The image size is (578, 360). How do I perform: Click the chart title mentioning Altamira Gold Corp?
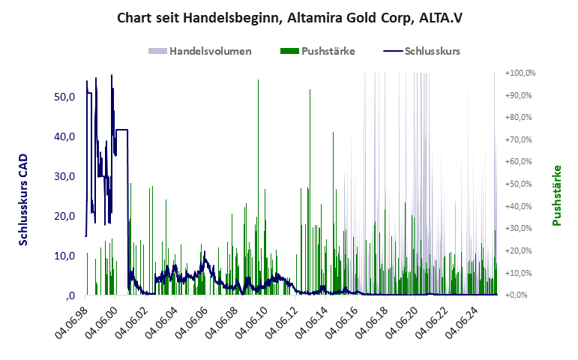point(289,16)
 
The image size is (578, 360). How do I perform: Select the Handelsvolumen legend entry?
point(200,52)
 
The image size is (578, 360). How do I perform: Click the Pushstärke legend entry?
point(318,52)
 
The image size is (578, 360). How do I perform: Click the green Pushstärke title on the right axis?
point(557,196)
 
